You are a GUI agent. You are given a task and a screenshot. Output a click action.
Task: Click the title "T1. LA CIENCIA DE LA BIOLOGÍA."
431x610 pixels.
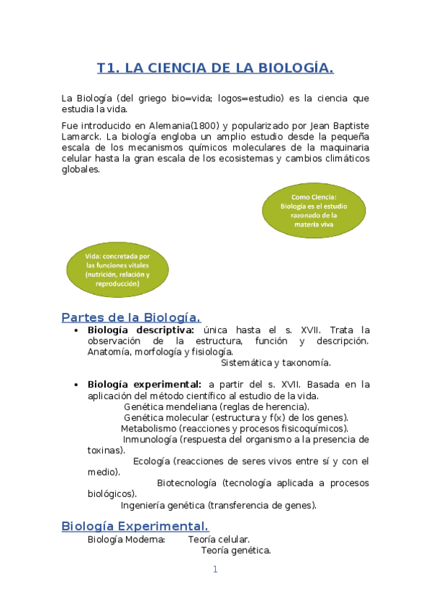point(215,68)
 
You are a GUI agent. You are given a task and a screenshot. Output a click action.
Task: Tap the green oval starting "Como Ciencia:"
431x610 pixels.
point(314,210)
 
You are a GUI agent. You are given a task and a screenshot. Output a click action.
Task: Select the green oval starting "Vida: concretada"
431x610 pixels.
point(117,270)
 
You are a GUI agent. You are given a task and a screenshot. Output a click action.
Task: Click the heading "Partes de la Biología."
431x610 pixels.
point(131,317)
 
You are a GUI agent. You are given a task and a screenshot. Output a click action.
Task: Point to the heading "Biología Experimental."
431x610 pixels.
point(135,526)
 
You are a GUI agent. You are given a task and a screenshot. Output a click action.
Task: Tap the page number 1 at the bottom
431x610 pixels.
point(214,570)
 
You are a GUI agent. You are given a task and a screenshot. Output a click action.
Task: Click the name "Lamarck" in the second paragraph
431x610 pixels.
point(81,136)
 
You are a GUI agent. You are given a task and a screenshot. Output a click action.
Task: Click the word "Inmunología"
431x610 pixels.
point(150,440)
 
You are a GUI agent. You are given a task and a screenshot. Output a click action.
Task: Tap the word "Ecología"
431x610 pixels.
point(151,461)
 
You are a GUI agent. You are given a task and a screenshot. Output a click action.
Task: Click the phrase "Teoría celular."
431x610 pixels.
point(219,540)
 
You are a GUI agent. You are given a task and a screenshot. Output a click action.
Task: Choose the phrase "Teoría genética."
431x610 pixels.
point(236,551)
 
